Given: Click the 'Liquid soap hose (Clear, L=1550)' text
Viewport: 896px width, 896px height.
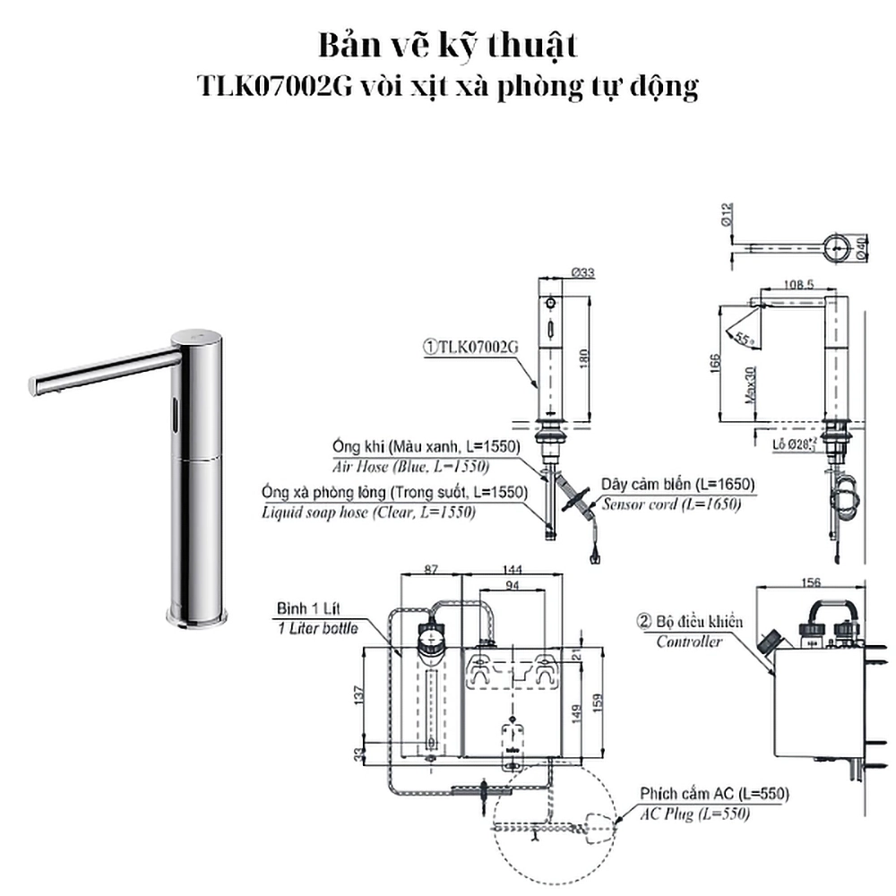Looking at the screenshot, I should (368, 513).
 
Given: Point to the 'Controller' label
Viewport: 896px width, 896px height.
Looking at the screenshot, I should (689, 642).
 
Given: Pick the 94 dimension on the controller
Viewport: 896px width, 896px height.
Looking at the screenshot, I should (513, 586).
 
